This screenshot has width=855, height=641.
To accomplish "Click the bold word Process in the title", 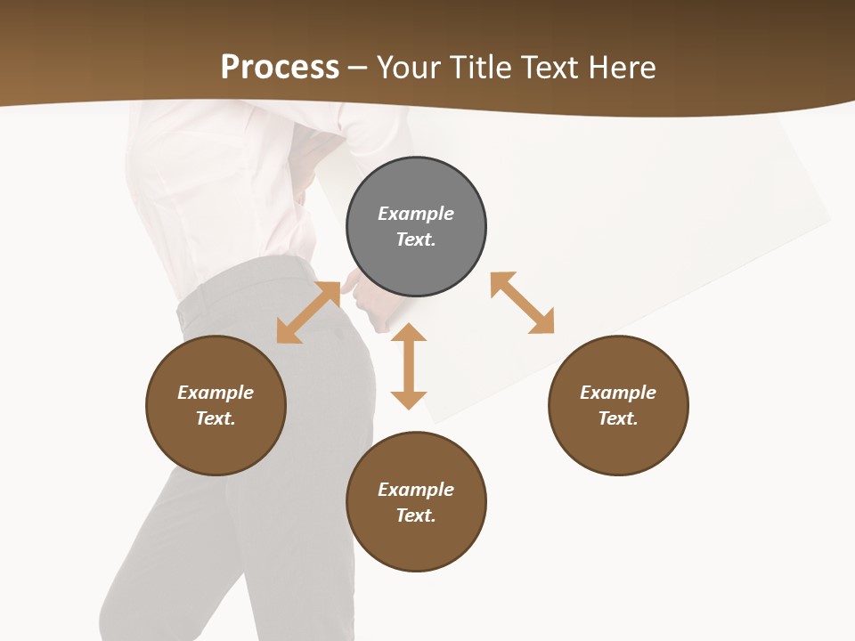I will point(280,68).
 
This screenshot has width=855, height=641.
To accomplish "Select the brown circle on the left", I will point(216,445).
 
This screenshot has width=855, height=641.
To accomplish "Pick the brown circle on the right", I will point(618,445).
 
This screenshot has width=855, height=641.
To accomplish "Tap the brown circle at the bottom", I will point(416,543).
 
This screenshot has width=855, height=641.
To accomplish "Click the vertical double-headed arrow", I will point(409,366).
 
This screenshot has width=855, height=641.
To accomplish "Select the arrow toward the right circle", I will point(522,303).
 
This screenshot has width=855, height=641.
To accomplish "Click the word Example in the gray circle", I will point(416,214).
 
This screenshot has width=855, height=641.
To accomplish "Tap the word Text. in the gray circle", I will point(416,239).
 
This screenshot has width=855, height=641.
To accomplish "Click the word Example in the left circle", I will point(216,393).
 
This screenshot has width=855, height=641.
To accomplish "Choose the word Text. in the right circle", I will point(618,418).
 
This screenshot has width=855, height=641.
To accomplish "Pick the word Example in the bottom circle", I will point(416,490).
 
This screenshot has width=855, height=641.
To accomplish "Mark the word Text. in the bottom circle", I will point(416,515).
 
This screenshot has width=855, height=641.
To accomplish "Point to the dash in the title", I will point(358,68).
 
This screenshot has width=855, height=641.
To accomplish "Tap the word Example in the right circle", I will point(618,393).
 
